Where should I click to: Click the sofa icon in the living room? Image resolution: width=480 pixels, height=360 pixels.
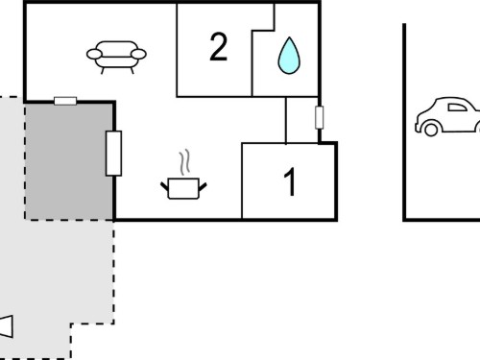pyautogui.click(x=116, y=58)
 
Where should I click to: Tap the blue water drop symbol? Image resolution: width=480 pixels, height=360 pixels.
pyautogui.click(x=289, y=56)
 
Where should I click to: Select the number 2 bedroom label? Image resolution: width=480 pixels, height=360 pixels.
pyautogui.click(x=219, y=47)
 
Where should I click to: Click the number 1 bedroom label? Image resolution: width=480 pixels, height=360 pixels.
pyautogui.click(x=290, y=181)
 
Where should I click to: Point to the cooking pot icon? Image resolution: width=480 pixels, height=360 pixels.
pyautogui.click(x=183, y=189)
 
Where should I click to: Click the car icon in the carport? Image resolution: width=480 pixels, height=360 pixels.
pyautogui.click(x=448, y=116)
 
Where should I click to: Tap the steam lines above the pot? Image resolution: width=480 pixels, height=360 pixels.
pyautogui.click(x=184, y=162)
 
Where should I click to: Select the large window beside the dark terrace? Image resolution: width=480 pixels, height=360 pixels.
pyautogui.click(x=113, y=154)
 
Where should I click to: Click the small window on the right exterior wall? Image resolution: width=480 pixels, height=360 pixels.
pyautogui.click(x=319, y=117)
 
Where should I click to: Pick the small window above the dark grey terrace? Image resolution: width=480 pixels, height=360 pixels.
pyautogui.click(x=65, y=101)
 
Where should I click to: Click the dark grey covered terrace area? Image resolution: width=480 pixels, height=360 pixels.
pyautogui.click(x=69, y=161)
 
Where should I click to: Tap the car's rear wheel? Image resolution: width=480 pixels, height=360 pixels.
pyautogui.click(x=431, y=129)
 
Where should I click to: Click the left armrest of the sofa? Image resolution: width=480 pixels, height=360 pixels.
pyautogui.click(x=94, y=54)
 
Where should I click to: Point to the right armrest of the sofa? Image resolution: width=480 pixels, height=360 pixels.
pyautogui.click(x=138, y=54)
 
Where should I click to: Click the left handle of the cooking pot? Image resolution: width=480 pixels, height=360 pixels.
pyautogui.click(x=164, y=186)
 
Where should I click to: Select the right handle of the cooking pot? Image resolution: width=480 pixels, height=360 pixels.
pyautogui.click(x=203, y=186)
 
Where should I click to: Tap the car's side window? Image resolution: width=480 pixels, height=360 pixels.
pyautogui.click(x=457, y=108)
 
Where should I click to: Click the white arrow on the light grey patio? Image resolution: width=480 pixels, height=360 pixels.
pyautogui.click(x=6, y=326)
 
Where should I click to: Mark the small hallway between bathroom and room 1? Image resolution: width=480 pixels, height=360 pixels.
pyautogui.click(x=302, y=120)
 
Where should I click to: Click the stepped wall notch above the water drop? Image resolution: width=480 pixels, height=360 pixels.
pyautogui.click(x=263, y=31)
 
